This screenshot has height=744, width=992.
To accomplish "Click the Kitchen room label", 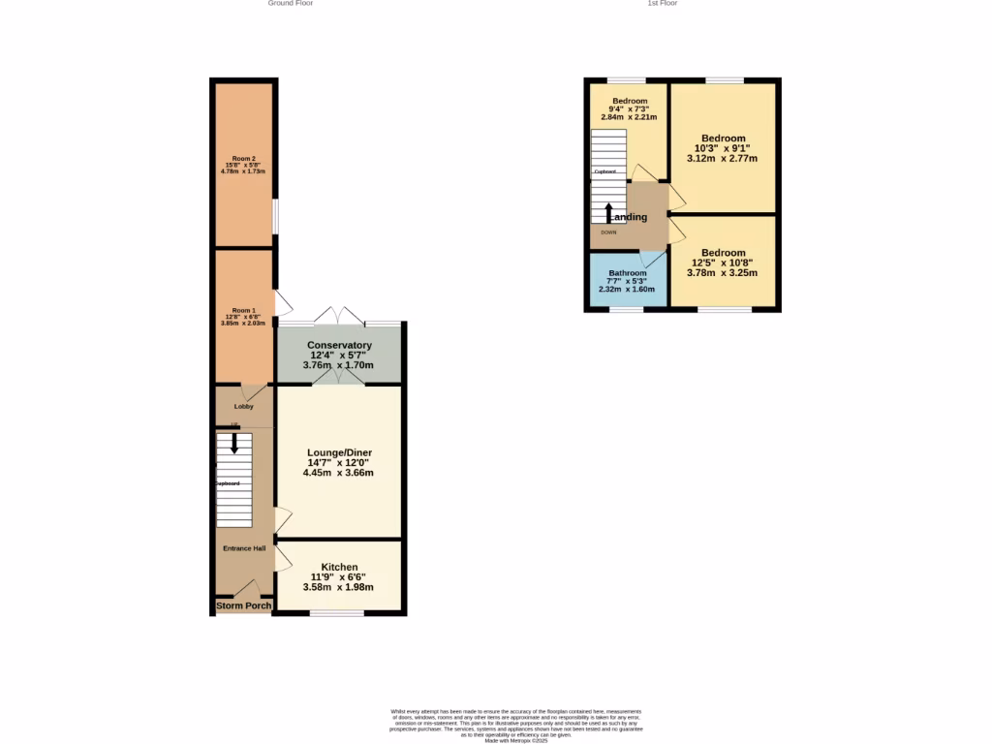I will [339, 567].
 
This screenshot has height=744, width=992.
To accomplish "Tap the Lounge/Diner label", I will [339, 452].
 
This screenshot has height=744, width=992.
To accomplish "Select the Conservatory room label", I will [339, 345].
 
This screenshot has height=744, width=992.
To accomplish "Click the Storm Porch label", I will [243, 606].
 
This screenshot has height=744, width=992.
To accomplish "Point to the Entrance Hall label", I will [244, 548].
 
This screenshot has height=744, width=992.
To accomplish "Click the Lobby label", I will [243, 406].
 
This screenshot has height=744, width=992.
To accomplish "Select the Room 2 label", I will [243, 158].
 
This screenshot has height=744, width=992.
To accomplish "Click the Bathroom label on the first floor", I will [627, 273].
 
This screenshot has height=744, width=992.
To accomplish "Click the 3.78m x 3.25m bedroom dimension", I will [722, 273].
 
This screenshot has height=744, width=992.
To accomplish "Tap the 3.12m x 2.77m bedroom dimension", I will [722, 158].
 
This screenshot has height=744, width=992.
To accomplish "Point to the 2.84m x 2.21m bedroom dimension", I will [629, 117].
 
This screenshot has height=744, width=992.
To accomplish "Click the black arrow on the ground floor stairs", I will [233, 443].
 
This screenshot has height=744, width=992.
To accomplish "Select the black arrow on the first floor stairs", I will [608, 212].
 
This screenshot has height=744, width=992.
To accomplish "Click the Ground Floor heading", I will [291, 4].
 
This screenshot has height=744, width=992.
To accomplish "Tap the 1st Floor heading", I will [663, 4].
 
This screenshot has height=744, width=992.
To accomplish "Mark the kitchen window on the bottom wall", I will [337, 613].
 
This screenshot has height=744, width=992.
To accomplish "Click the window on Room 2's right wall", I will [275, 215].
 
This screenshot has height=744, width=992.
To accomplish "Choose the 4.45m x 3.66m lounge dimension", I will [339, 473].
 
